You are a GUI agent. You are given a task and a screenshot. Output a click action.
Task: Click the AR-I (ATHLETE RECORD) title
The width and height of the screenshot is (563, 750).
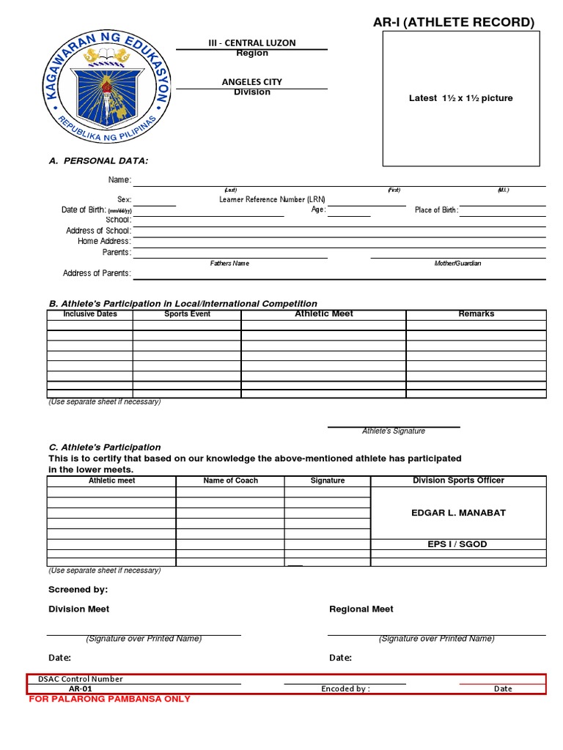(x=454, y=23)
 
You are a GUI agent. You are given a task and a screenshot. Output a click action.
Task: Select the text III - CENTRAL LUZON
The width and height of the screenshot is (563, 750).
(x=252, y=43)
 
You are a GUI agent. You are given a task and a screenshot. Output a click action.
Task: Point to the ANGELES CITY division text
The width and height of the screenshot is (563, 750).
(x=252, y=82)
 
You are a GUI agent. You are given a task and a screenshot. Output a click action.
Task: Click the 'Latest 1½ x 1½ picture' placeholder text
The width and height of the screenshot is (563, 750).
(x=460, y=98)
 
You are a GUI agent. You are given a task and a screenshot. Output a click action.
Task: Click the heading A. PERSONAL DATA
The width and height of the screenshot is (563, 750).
(x=98, y=160)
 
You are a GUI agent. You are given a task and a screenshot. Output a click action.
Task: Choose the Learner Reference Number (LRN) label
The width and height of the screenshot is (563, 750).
(x=272, y=199)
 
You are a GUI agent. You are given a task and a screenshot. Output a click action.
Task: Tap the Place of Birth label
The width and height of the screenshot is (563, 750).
(x=436, y=210)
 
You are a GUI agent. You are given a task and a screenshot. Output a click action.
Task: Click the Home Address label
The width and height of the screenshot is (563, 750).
(x=104, y=241)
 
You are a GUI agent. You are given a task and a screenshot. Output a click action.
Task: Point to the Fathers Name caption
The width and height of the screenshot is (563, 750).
(x=229, y=263)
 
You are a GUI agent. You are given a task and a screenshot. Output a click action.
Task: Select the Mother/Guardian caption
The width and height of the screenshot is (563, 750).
(x=457, y=263)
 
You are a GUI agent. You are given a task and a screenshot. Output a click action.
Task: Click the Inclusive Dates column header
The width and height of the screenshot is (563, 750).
(x=90, y=314)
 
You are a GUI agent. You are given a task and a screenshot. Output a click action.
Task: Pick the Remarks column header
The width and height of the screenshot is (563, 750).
(x=476, y=313)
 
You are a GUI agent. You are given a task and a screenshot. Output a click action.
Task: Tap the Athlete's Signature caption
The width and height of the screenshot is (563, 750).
(x=394, y=431)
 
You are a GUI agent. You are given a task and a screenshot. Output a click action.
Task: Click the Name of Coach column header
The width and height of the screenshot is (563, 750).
(x=230, y=480)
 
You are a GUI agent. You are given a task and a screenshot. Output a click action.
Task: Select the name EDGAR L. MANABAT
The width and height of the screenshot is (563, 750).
(x=458, y=513)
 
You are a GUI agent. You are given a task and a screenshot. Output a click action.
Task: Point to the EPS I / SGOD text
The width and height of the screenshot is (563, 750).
(x=457, y=544)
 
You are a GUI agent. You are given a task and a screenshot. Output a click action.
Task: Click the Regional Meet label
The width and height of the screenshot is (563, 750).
(x=361, y=609)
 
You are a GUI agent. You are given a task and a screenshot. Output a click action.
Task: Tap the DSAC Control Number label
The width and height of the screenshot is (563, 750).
(x=81, y=679)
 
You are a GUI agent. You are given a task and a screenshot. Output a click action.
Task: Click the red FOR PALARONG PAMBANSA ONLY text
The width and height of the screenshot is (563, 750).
(x=109, y=699)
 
